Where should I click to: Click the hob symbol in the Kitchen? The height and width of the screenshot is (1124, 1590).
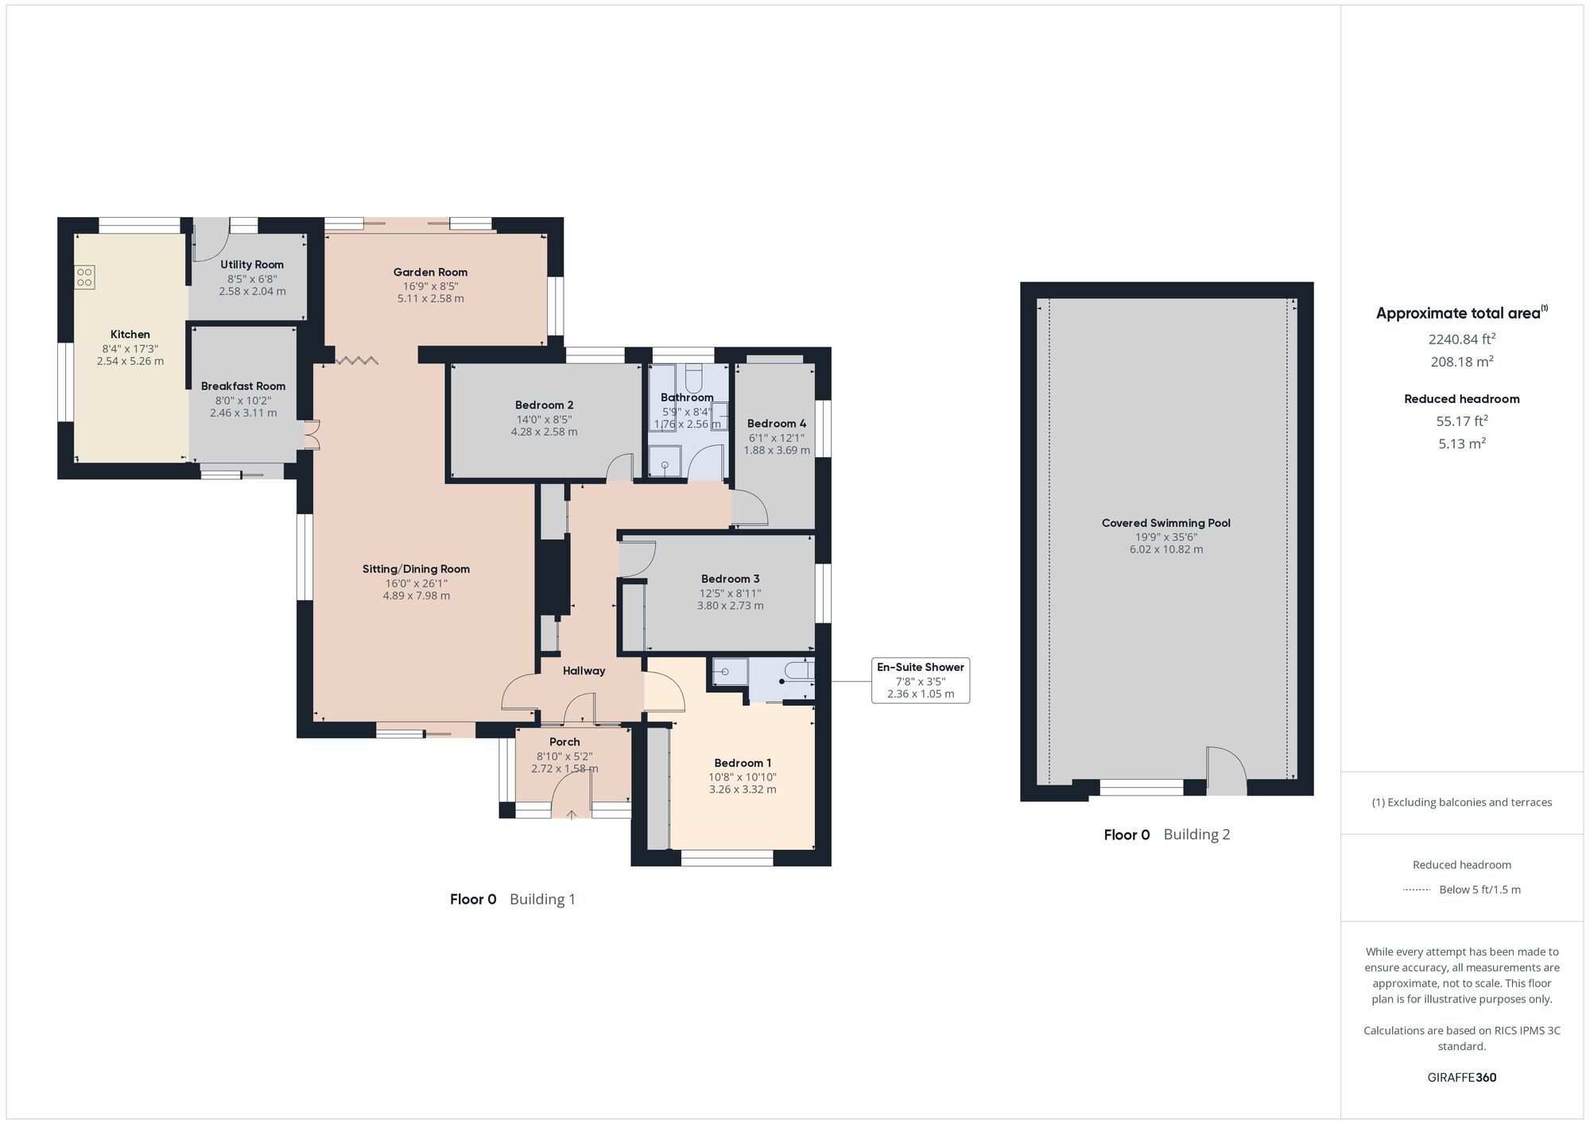coord(85,277)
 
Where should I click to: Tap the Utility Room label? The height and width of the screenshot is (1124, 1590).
coord(252,265)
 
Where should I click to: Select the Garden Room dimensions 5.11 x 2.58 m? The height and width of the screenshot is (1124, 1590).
coord(430,299)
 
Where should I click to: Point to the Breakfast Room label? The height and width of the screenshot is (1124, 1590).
coord(243,386)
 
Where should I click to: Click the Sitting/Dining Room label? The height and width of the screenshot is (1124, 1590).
coord(416,569)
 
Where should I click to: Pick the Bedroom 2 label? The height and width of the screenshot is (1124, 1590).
coord(545,405)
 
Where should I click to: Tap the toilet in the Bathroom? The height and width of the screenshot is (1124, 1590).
coord(694,376)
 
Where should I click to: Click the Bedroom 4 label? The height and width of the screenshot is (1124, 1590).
coord(777,424)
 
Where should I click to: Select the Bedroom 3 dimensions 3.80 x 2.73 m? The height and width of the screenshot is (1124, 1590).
coord(731,606)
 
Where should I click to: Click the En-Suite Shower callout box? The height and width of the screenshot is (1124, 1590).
coord(921,680)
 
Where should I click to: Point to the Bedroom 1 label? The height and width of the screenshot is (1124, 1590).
coord(743,763)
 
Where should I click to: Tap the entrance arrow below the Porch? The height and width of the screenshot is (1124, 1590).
coord(572,813)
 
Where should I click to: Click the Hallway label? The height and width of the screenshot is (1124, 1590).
coord(584,671)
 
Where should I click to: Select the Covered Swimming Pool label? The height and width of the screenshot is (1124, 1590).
coord(1166,523)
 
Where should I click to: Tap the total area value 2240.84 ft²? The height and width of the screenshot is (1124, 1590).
coord(1462,339)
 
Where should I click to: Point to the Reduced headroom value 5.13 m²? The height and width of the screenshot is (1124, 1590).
coord(1462,444)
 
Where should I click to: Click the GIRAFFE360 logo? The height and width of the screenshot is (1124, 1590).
coord(1462,1078)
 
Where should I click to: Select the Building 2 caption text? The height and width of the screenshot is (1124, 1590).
coord(1196,835)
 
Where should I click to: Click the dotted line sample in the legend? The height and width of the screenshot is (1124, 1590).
coord(1417,890)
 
